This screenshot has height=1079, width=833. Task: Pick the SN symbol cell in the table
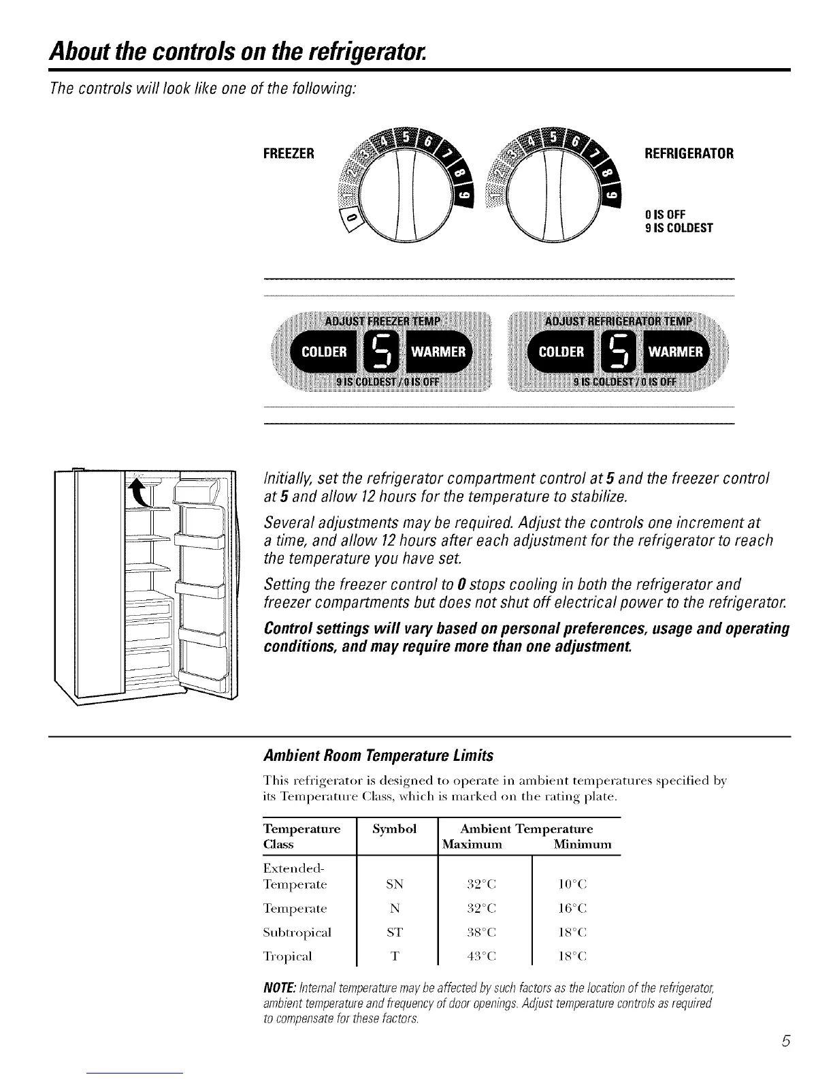point(394,885)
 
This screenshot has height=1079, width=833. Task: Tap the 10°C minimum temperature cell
point(572,885)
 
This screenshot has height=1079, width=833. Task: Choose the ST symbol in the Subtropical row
point(394,932)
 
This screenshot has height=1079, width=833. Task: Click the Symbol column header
point(395,829)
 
